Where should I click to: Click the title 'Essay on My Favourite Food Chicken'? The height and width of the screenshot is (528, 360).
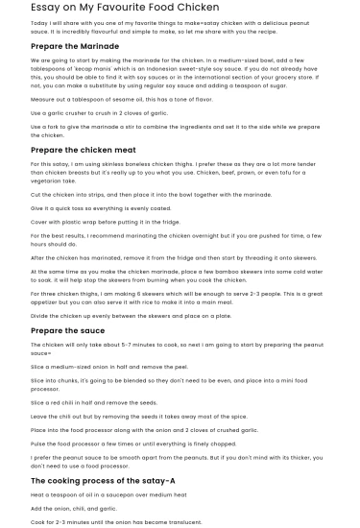click(125, 7)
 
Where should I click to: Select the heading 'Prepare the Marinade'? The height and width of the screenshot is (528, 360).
click(75, 45)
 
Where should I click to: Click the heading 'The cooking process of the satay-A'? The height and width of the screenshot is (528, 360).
click(103, 480)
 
